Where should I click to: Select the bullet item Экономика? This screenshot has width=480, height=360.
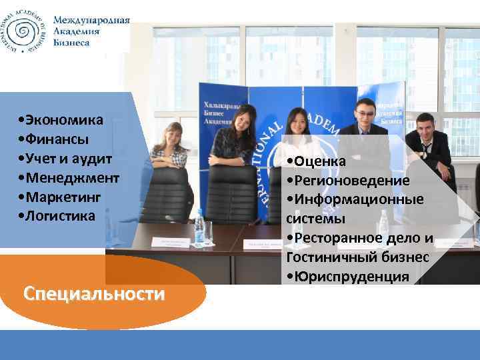pyautogui.click(x=64, y=121)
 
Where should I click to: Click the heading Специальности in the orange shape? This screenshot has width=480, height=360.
pyautogui.click(x=93, y=294)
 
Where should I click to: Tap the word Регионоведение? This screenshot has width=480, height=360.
pyautogui.click(x=351, y=181)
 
